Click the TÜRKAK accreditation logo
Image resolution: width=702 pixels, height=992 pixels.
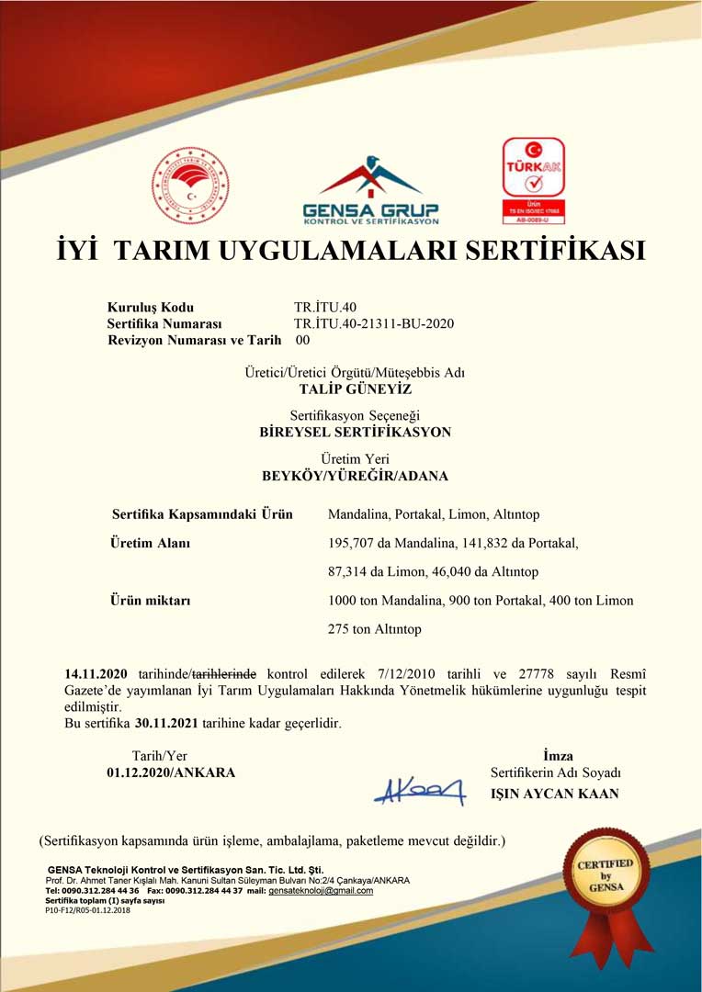click(533, 180)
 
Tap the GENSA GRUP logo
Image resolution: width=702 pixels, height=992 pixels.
click(370, 191)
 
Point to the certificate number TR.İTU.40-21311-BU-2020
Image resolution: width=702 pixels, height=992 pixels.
click(374, 323)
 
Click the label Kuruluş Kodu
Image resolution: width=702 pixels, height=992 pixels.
click(151, 308)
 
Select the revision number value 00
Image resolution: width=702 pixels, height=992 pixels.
click(302, 340)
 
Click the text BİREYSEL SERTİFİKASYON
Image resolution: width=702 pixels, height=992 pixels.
click(356, 432)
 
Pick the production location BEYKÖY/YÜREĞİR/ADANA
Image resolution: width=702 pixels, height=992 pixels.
click(356, 476)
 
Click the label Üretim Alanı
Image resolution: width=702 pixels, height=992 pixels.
click(150, 543)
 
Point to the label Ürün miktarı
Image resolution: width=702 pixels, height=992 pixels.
click(150, 601)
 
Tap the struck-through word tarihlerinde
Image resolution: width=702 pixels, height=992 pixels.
click(223, 674)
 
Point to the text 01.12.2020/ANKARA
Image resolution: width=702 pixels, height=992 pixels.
click(171, 772)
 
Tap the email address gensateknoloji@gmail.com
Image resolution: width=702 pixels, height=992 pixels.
click(321, 890)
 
